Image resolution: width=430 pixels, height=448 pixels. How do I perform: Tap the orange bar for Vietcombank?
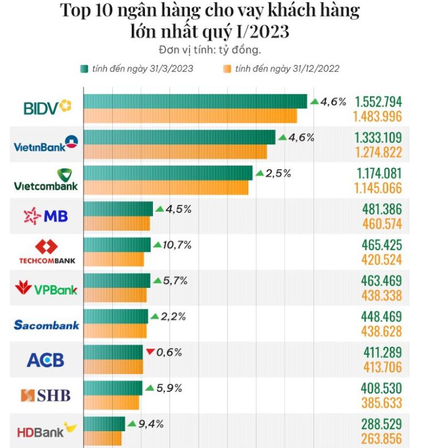[166, 188]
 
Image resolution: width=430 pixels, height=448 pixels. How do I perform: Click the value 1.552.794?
[378, 102]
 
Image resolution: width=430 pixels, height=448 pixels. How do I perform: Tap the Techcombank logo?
[47, 252]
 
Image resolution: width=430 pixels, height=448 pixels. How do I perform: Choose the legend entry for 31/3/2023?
[137, 69]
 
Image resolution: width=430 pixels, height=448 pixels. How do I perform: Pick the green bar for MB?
[118, 209]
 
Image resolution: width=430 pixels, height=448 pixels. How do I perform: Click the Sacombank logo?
[46, 325]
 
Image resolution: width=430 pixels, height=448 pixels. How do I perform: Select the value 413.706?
[382, 367]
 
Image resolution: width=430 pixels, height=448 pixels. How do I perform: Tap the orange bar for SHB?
[111, 403]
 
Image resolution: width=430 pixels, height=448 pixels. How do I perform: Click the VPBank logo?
[46, 289]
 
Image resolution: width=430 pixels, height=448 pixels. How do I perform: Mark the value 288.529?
[382, 424]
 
